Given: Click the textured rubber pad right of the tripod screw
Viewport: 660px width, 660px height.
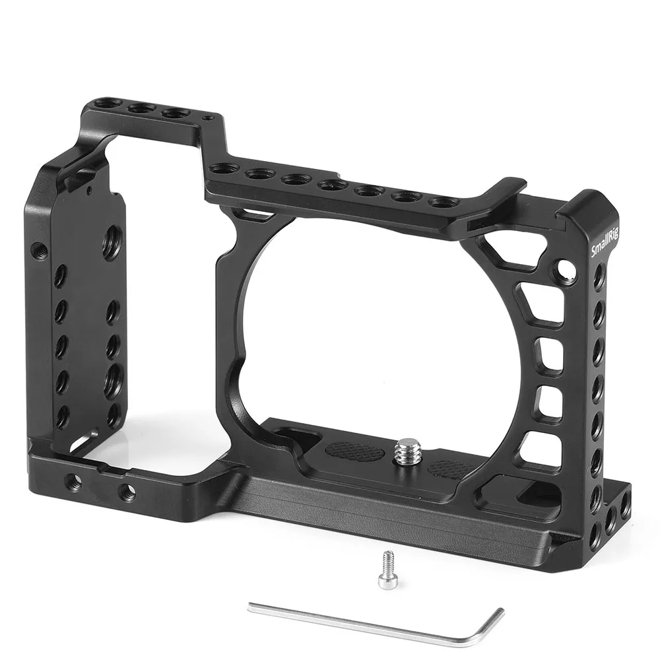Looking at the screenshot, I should coord(450,469).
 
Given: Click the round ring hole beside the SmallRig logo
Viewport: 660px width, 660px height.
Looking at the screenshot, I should coord(566,269).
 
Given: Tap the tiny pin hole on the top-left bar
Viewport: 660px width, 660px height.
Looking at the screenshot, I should coord(209,119).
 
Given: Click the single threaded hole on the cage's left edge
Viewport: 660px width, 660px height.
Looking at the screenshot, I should coord(40,251).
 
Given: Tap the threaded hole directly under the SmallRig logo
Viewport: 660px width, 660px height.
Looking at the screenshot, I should coord(599,276).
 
